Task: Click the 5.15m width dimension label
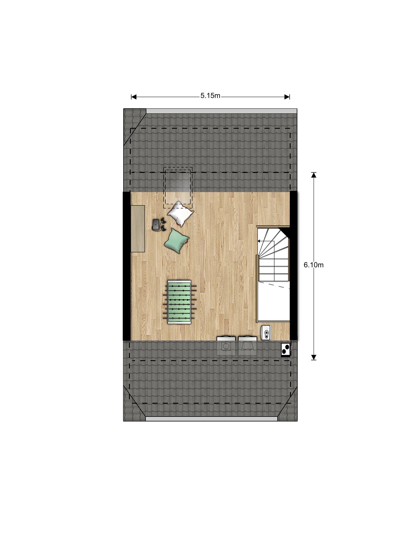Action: (210, 96)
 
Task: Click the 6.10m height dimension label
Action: (313, 265)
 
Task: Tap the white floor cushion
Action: (180, 213)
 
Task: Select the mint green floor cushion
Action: (176, 240)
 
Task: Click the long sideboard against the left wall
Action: (138, 229)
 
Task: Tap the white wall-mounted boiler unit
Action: (266, 332)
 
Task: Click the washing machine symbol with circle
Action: (226, 346)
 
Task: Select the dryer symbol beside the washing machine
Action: (247, 346)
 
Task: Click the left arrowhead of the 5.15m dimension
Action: (134, 97)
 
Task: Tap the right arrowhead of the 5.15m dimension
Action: (287, 97)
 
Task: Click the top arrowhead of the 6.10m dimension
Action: (314, 175)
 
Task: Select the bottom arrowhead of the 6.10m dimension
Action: (314, 357)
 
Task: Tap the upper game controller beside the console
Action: (163, 220)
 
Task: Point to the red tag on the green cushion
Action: (188, 241)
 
